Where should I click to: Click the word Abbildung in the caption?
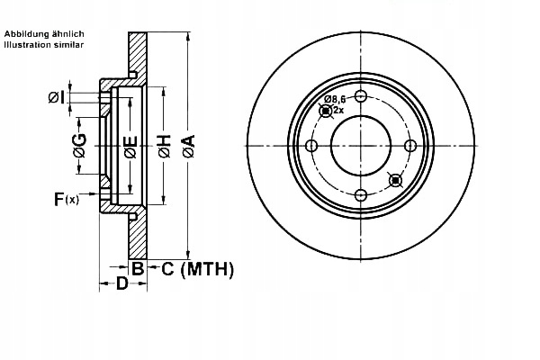tap(25, 32)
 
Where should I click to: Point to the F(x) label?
tap(66, 199)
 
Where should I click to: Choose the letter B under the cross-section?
tap(138, 268)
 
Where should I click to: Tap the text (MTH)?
tap(208, 268)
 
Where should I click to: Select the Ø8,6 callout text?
tap(336, 99)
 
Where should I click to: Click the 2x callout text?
tap(339, 110)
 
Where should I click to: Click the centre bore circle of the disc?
tap(361, 147)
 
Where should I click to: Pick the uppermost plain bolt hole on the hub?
tap(361, 98)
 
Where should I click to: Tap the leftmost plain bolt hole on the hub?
tap(311, 147)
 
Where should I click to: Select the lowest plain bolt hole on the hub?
tap(361, 195)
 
